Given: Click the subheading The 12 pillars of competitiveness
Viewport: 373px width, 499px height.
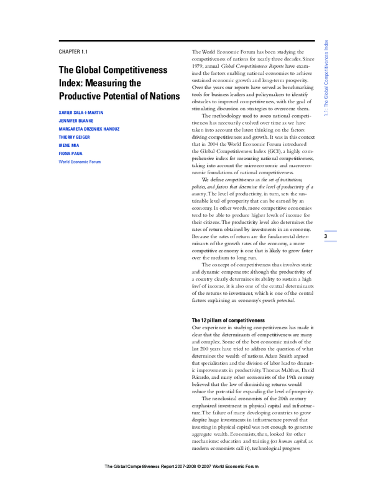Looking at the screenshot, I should (x=228, y=320).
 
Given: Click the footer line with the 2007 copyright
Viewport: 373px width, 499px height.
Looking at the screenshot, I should (x=186, y=483).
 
